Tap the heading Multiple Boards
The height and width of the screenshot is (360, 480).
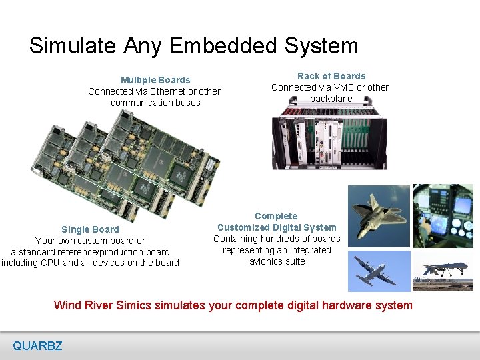click(155, 80)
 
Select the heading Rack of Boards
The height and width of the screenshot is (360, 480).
click(331, 76)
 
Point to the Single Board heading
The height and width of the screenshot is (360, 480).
click(90, 229)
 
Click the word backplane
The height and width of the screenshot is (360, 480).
click(331, 99)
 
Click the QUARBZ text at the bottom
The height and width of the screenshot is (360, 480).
click(37, 345)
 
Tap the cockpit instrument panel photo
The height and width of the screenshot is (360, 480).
click(443, 215)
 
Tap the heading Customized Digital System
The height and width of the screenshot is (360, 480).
click(277, 227)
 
